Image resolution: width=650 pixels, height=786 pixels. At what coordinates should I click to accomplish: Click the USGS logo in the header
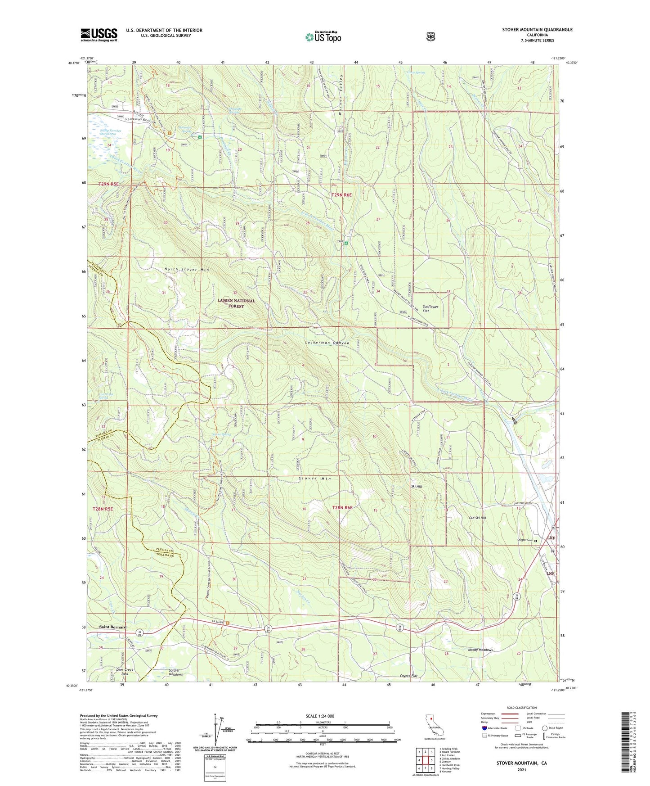pyautogui.click(x=99, y=35)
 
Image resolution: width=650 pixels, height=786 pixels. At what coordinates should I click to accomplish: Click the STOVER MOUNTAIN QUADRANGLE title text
pyautogui.click(x=537, y=30)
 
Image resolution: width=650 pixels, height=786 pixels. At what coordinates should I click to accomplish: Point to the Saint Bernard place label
pyautogui.click(x=112, y=627)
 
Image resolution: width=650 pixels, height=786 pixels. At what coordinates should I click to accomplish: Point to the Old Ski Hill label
pyautogui.click(x=477, y=518)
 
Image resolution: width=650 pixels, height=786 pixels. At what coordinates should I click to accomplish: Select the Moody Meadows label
pyautogui.click(x=480, y=650)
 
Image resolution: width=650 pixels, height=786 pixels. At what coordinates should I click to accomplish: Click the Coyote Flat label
pyautogui.click(x=408, y=676)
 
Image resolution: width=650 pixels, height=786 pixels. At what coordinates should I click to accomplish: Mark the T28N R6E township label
pyautogui.click(x=342, y=508)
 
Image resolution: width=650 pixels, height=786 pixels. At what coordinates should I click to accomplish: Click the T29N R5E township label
pyautogui.click(x=108, y=184)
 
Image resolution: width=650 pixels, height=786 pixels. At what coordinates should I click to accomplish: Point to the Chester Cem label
pyautogui.click(x=524, y=540)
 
